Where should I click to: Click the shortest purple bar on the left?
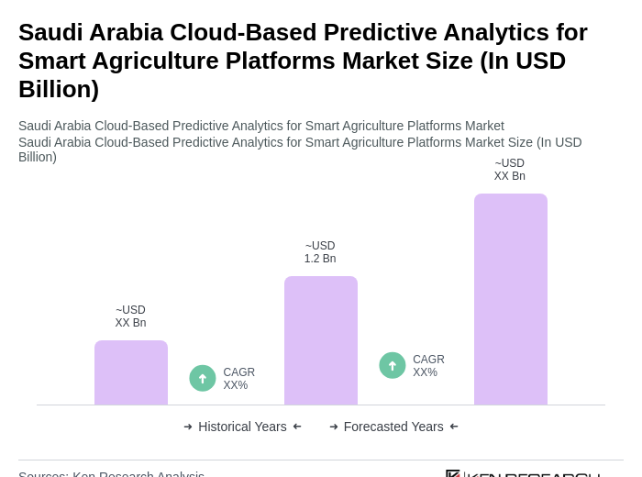(x=131, y=372)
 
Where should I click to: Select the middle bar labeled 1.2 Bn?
(x=321, y=340)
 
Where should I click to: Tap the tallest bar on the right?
(x=511, y=299)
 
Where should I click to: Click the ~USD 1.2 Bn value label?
(x=320, y=252)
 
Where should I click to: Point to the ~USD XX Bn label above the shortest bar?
(x=130, y=316)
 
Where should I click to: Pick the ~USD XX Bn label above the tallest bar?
(x=510, y=170)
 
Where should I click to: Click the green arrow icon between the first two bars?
(x=203, y=378)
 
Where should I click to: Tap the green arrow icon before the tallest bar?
(x=393, y=365)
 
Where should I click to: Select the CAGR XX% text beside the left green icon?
(x=239, y=379)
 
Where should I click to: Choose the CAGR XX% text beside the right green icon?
(x=428, y=366)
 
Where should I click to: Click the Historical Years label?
(x=242, y=427)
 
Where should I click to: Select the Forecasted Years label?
(x=393, y=427)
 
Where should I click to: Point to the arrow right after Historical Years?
(x=297, y=427)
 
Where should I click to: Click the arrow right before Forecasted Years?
(x=334, y=427)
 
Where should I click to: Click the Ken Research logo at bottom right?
(x=523, y=473)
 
